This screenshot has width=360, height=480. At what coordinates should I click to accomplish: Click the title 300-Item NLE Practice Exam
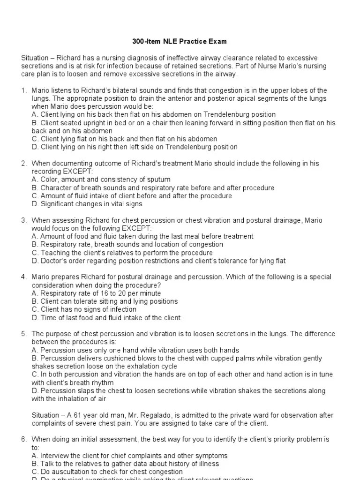point(180,42)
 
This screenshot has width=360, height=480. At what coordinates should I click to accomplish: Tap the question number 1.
point(23,90)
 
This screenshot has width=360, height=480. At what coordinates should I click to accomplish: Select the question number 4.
point(23,277)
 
